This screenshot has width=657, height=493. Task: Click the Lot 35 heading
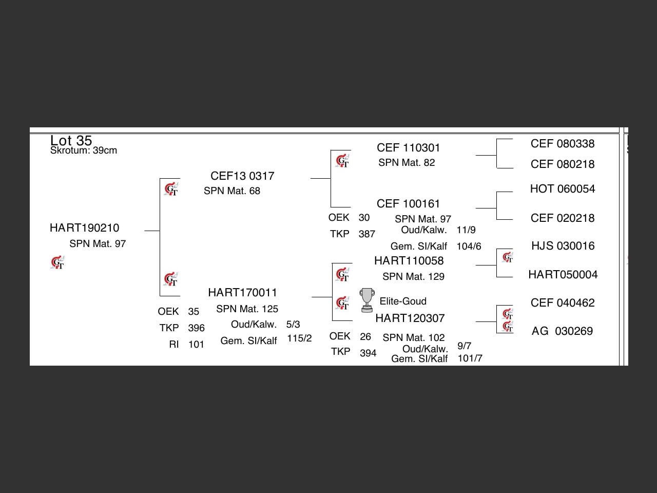[71, 140]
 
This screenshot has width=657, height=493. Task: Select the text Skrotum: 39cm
[84, 150]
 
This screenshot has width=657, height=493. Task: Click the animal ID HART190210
[84, 228]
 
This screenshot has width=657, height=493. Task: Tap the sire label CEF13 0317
[242, 176]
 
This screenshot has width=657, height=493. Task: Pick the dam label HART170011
[242, 293]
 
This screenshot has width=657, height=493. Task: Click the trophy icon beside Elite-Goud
[366, 300]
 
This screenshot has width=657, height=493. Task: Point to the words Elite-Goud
[403, 301]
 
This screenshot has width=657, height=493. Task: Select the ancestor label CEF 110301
[408, 148]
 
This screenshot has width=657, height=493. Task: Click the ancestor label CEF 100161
[408, 204]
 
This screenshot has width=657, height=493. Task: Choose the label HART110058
[409, 261]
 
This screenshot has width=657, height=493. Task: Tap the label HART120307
[410, 318]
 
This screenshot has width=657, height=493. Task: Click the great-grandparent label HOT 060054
[562, 189]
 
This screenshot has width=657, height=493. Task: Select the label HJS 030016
[563, 246]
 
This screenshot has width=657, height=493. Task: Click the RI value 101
[196, 345]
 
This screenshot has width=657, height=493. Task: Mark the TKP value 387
[366, 234]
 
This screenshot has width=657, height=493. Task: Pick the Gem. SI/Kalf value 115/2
[299, 338]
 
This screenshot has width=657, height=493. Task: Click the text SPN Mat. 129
[413, 277]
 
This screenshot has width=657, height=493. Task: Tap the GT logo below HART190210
[58, 263]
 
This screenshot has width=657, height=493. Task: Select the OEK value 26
[365, 337]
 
